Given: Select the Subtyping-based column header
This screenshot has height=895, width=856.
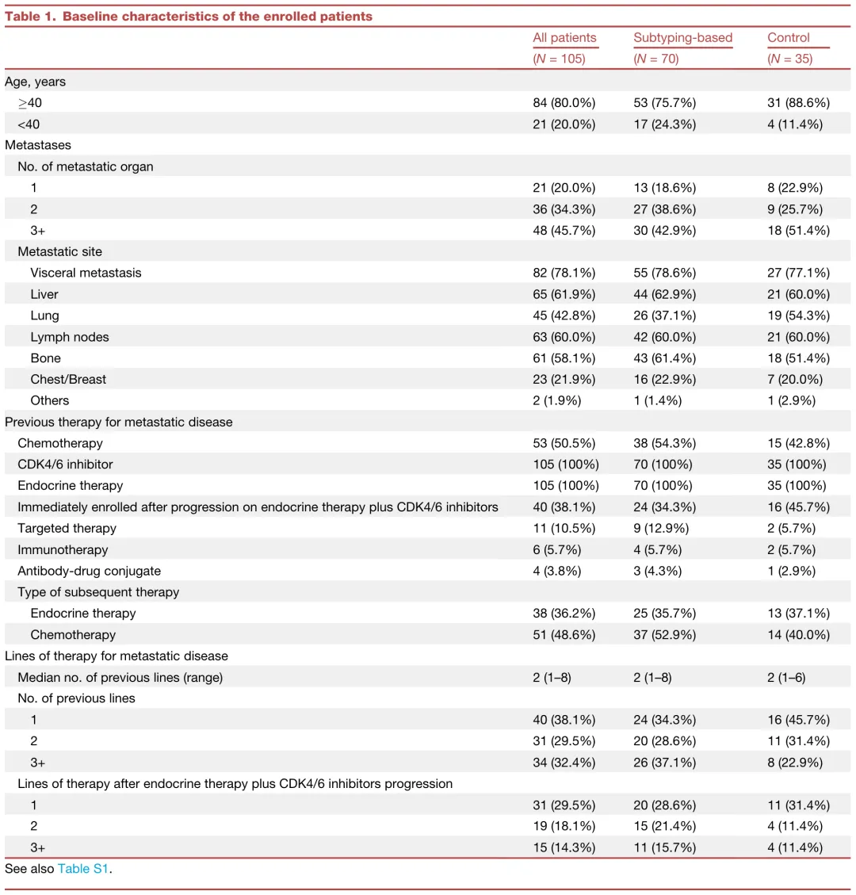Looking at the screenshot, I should click(682, 38).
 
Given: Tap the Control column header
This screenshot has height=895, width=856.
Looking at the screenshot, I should click(788, 38).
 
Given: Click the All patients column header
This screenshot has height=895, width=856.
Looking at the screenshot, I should click(564, 38).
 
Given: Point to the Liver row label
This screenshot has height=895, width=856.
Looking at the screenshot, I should click(44, 294).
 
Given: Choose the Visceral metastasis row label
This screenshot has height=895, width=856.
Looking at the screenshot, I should click(86, 273).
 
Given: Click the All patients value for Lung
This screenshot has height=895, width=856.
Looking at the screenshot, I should click(564, 316).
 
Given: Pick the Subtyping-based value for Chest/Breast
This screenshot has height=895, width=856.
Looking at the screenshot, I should click(664, 379).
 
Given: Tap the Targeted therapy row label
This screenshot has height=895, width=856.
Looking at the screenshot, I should click(67, 528).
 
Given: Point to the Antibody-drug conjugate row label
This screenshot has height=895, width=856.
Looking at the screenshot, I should click(89, 571).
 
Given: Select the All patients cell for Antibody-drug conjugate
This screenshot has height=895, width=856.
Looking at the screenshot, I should click(556, 571).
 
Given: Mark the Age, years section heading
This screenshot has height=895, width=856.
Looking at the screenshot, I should click(36, 82).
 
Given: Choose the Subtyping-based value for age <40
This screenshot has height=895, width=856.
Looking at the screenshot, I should click(664, 124).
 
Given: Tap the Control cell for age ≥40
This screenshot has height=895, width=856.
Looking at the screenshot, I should click(798, 103).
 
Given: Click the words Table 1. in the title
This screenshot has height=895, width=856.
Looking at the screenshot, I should click(30, 16).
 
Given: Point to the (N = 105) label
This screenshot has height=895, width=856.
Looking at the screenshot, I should click(559, 59).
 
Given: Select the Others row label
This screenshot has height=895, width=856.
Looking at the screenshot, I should click(50, 400).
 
